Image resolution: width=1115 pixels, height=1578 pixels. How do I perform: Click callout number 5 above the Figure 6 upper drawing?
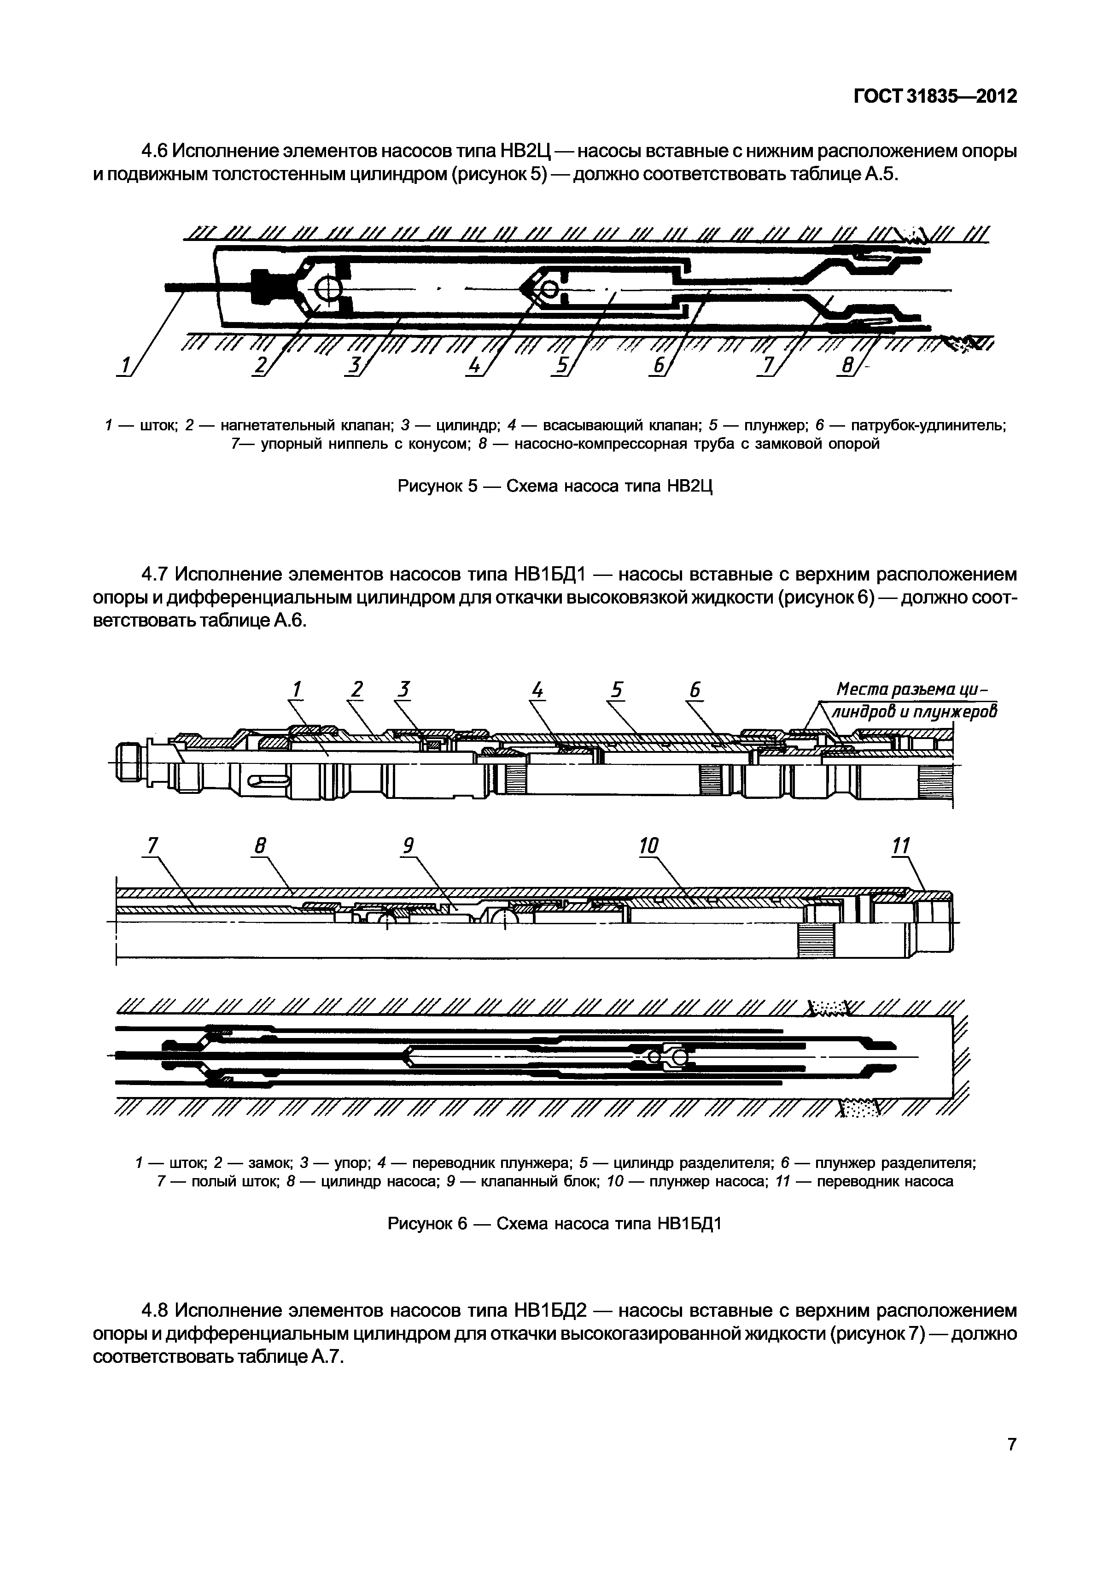point(616,689)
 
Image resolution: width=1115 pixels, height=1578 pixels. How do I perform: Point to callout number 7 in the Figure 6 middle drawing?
point(152,845)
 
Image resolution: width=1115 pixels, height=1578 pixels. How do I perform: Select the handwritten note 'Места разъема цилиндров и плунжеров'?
point(914,700)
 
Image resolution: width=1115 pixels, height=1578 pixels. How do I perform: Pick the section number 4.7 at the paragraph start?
point(155,573)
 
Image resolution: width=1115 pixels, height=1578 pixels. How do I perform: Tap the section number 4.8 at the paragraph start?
point(155,1310)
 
